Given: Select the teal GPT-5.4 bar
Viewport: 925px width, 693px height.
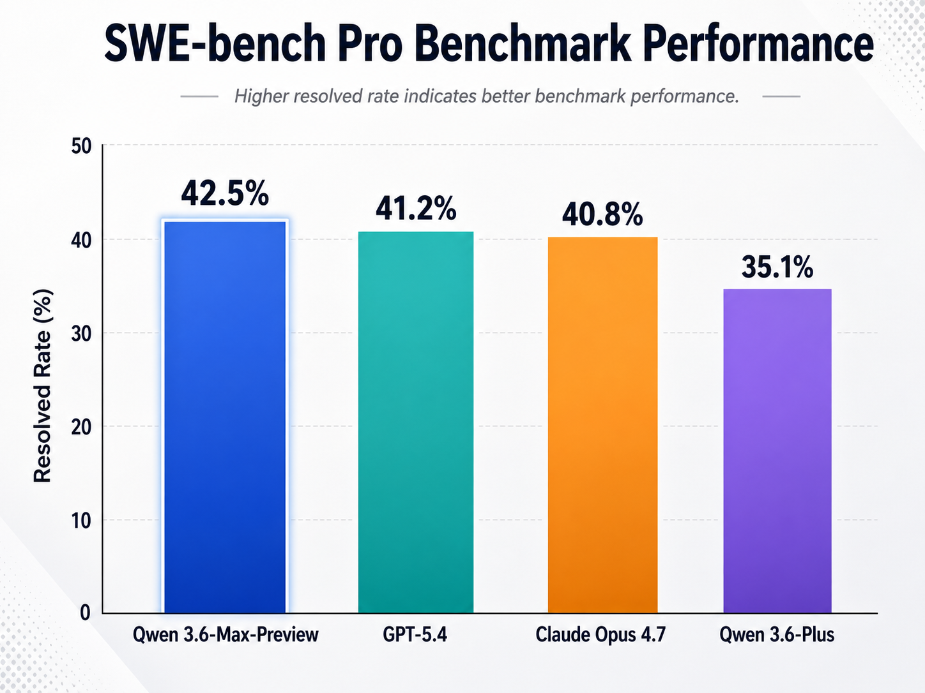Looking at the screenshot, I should coord(415,422).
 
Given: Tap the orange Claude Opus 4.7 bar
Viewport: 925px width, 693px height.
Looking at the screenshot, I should coord(602,425).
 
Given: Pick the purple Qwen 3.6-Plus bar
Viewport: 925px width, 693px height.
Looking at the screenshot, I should coord(777,451).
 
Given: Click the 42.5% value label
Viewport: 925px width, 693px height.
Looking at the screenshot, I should coord(225,193).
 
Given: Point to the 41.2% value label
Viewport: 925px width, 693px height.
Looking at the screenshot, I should coord(416,209).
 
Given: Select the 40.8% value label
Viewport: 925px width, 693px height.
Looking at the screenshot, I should coord(602,215).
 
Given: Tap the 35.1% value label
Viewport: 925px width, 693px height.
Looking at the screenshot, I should coord(777,267).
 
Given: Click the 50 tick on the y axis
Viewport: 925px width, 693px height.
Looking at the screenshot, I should coord(81,147).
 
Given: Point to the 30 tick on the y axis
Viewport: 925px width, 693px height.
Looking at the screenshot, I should coord(81,334).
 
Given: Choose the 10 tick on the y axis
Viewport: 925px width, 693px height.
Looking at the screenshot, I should coord(81,521).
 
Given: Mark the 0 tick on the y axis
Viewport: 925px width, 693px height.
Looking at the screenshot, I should coord(85,613).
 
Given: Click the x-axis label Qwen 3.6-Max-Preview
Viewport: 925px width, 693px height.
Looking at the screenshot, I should coord(226,635).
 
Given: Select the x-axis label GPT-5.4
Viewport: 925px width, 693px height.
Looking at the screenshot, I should coord(415,635).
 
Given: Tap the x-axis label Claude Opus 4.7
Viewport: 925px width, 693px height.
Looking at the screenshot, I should coord(600,635).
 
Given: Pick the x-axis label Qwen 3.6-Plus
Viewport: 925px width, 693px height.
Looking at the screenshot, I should coord(777,635).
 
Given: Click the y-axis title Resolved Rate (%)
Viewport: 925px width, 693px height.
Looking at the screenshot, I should coord(42,386).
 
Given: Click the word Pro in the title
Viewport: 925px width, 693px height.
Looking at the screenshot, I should coord(370,43).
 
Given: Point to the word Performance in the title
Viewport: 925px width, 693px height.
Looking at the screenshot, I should coord(758,43).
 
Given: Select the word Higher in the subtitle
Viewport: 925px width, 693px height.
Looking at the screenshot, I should coord(261,96).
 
